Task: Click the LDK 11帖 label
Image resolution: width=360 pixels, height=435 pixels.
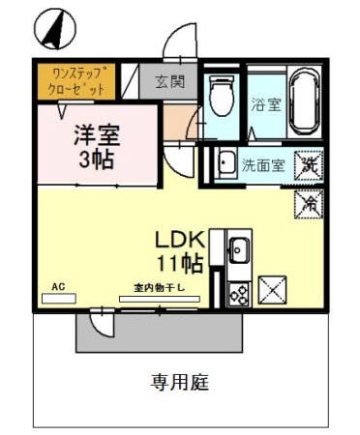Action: [x=178, y=249]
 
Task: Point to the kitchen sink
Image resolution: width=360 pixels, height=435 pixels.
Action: [x=237, y=253]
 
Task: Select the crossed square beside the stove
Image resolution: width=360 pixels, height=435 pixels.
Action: [x=272, y=289]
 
